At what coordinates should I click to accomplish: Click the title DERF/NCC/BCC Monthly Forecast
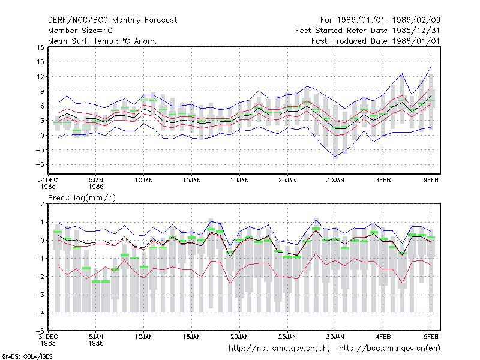[112, 20]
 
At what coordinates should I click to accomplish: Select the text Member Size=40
[80, 31]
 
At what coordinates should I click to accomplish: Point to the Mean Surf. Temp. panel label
[102, 41]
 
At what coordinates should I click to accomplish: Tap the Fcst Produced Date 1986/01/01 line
[376, 41]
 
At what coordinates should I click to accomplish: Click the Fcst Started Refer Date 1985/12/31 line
[368, 31]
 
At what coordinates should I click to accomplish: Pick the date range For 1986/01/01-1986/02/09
[380, 20]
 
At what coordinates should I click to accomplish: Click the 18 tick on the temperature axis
[40, 47]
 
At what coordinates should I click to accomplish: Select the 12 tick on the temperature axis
[40, 77]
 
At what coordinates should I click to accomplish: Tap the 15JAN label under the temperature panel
[191, 181]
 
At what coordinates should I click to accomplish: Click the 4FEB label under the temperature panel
[383, 181]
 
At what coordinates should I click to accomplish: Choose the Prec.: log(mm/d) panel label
[82, 198]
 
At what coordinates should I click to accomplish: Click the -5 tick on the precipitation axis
[40, 331]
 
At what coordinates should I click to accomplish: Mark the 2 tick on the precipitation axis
[42, 204]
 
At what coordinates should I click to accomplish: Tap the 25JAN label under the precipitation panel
[287, 337]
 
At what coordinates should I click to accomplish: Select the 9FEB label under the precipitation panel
[431, 337]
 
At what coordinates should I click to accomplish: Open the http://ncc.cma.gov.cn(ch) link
[279, 349]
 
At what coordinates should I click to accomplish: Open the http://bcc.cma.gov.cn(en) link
[389, 349]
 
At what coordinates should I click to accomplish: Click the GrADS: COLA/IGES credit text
[28, 356]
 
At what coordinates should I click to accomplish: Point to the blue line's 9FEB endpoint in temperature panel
[431, 67]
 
